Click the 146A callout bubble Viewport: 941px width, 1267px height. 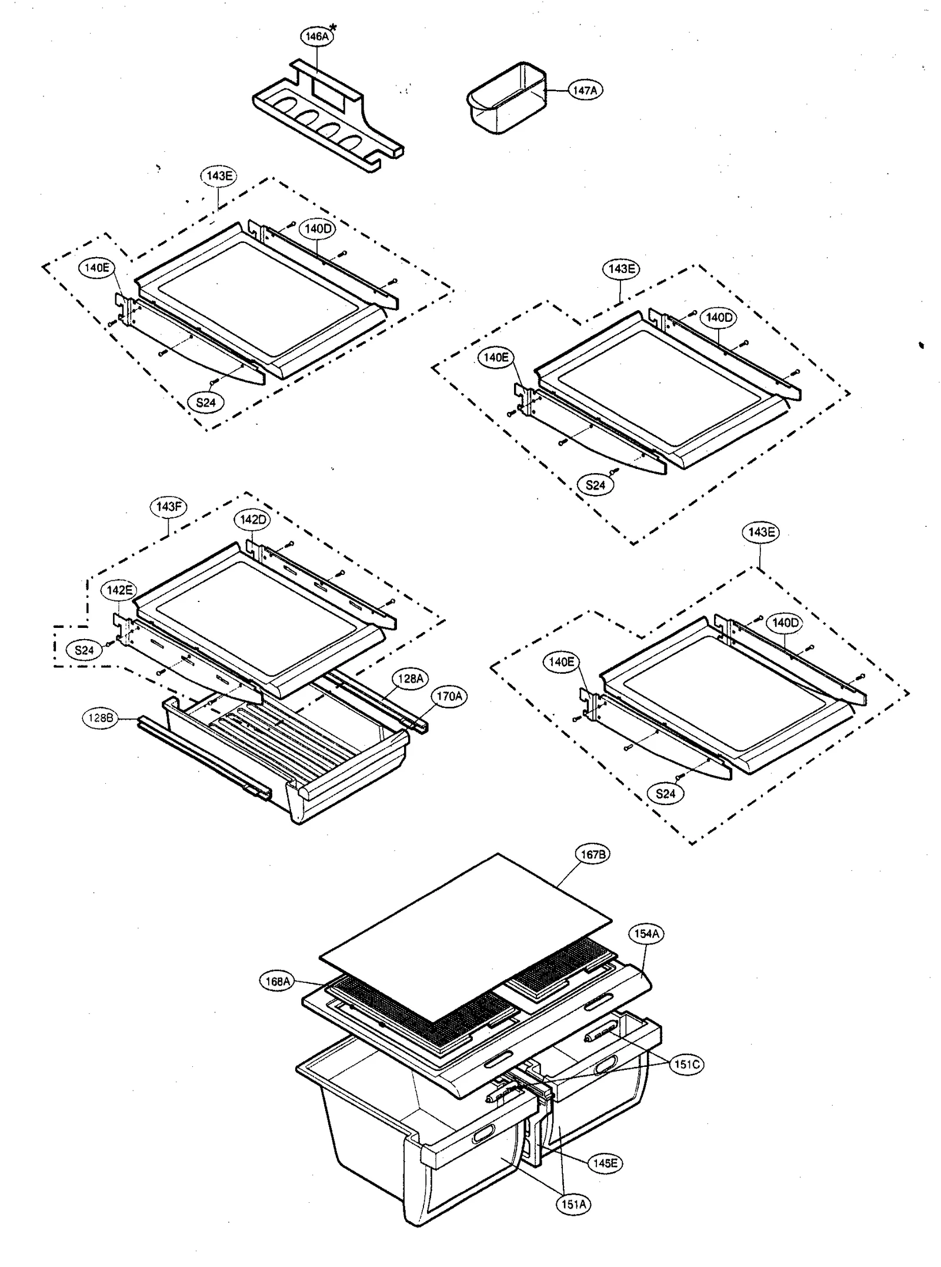(317, 36)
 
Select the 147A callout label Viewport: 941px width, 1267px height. (585, 90)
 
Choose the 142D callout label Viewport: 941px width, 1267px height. (253, 520)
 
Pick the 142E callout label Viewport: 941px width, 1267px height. (119, 590)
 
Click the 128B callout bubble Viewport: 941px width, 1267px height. (101, 718)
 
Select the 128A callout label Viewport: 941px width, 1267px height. (411, 679)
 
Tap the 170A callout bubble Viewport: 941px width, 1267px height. (449, 696)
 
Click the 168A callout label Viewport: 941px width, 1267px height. (278, 981)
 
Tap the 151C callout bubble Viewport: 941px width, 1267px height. (686, 1065)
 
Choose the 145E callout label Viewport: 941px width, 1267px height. (605, 1163)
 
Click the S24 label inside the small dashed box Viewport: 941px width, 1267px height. (84, 650)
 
